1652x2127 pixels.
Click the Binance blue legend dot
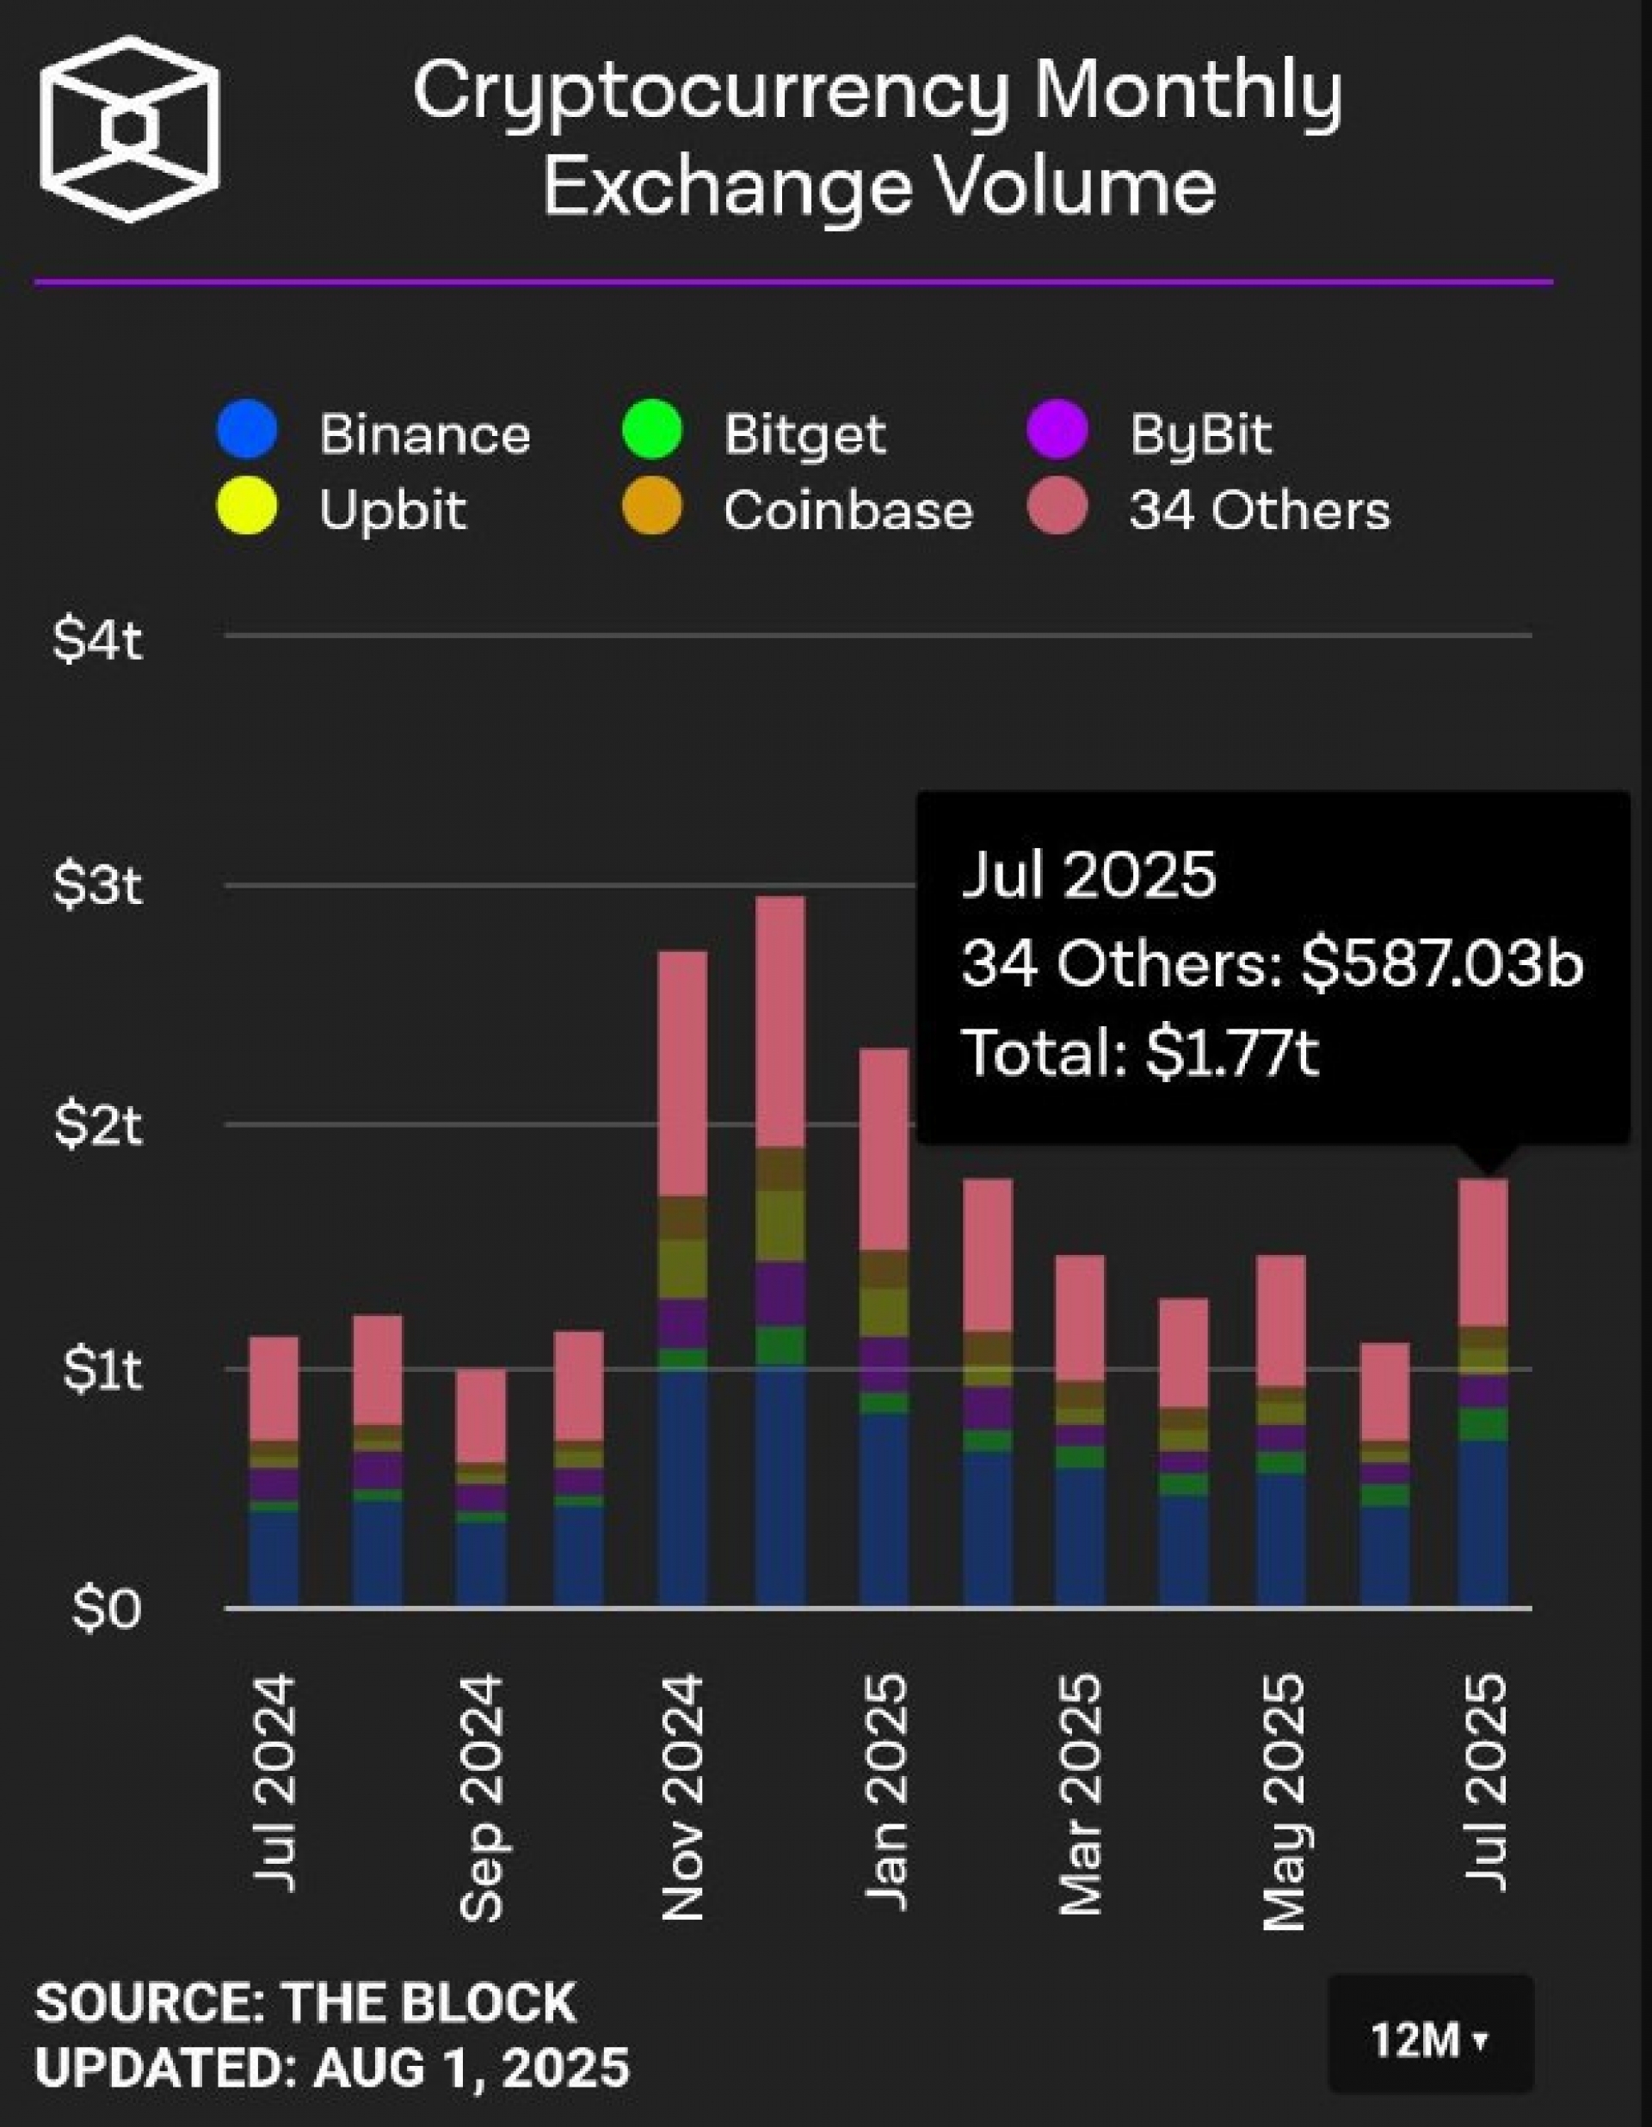click(x=248, y=429)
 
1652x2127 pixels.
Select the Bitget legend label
click(x=804, y=434)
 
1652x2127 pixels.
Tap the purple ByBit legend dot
click(x=1057, y=429)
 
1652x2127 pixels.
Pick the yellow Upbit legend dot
click(x=248, y=507)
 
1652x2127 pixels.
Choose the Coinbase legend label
click(x=848, y=510)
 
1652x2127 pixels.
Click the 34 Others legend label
click(x=1259, y=510)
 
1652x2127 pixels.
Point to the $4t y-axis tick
click(x=97, y=642)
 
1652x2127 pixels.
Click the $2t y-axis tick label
click(x=97, y=1127)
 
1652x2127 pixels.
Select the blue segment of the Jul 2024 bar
click(x=274, y=1558)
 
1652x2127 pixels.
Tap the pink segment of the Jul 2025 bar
click(x=1482, y=1252)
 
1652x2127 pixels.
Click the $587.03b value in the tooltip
click(x=1441, y=964)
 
